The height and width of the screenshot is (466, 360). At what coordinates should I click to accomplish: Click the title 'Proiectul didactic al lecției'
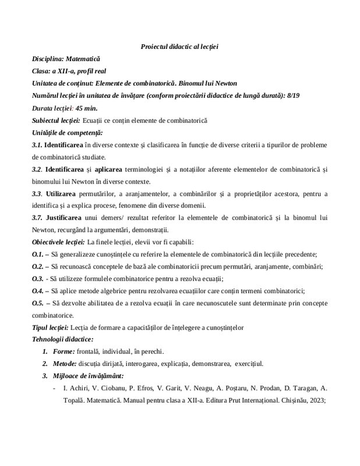[179, 46]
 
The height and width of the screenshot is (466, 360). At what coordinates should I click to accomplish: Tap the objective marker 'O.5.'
[38, 303]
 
